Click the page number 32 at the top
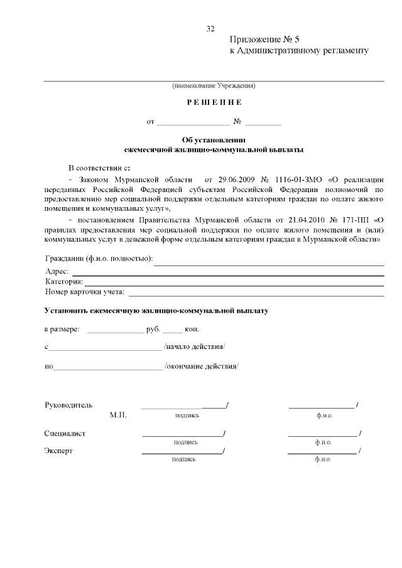(210, 29)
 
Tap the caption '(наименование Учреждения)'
(214, 85)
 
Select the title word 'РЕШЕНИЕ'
(214, 102)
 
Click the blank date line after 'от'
(193, 121)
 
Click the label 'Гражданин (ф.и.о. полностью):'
(99, 259)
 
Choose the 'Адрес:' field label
(57, 271)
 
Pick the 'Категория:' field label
(64, 281)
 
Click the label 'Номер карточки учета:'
(85, 292)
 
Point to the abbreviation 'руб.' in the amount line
(153, 329)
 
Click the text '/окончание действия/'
(202, 366)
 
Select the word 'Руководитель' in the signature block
(68, 405)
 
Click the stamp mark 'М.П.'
(117, 415)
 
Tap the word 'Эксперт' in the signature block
(58, 451)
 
